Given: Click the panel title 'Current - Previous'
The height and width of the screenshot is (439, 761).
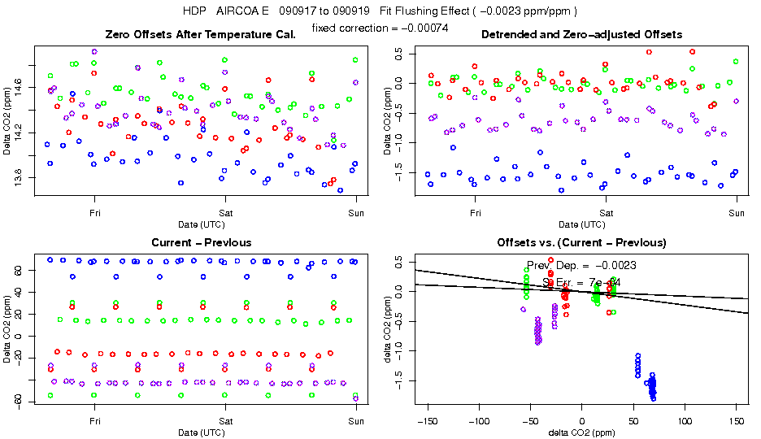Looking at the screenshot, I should (x=201, y=242).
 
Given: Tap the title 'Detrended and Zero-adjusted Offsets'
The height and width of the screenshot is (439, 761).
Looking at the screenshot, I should (x=581, y=34).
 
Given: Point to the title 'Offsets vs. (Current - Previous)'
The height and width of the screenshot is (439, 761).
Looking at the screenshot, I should (x=581, y=242).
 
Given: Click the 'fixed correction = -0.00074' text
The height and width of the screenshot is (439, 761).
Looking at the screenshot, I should (x=379, y=28).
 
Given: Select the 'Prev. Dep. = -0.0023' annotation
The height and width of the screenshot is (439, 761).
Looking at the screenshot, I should (x=581, y=265).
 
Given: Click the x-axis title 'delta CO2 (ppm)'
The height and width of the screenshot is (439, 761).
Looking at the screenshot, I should (x=581, y=432).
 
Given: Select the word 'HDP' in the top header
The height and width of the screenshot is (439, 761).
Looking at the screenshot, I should (x=193, y=11).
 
